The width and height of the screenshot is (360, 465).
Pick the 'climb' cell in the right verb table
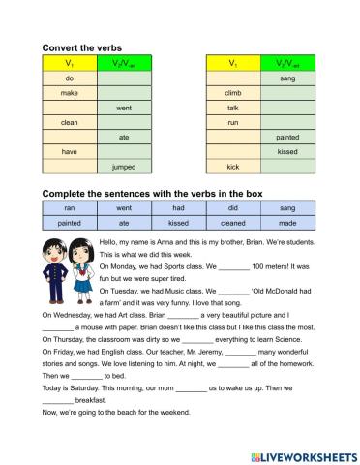232,92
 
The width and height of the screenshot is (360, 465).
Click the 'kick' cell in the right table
232,168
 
